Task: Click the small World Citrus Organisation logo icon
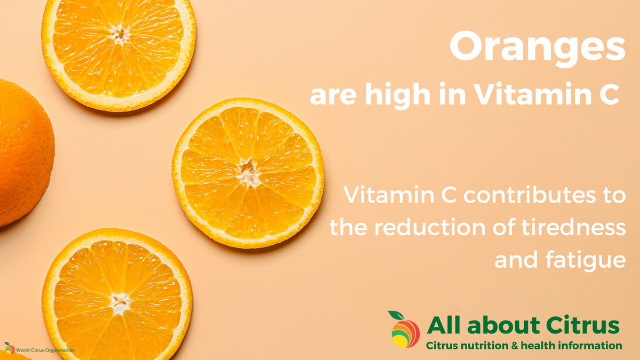pyautogui.click(x=9, y=348)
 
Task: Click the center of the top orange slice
pyautogui.click(x=119, y=35)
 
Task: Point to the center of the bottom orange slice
pyautogui.click(x=118, y=303)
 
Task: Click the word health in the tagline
pyautogui.click(x=538, y=346)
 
